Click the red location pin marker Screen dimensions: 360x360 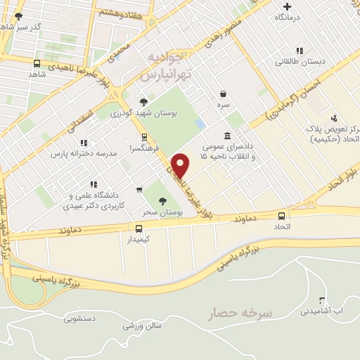(181, 165)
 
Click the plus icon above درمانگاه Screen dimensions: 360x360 (288, 5)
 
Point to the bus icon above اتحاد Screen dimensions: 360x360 (282, 217)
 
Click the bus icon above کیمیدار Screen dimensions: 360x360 (139, 229)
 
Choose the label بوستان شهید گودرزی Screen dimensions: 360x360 (146, 112)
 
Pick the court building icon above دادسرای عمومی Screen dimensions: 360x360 (227, 135)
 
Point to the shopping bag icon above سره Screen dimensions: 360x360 (224, 93)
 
